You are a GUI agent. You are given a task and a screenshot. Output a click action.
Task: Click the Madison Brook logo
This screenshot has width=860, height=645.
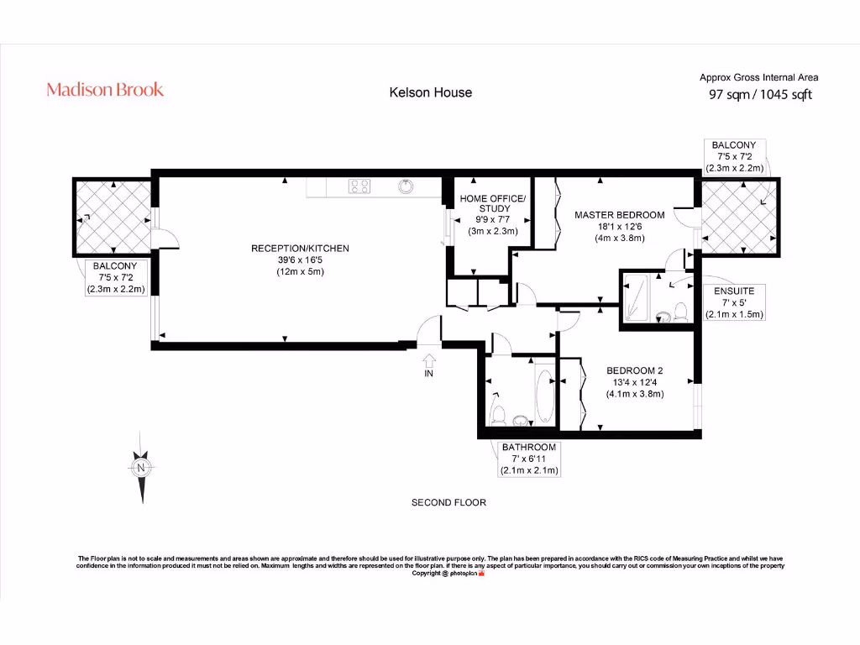pos(105,90)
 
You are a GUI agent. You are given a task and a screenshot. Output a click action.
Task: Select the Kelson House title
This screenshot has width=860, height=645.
pos(430,92)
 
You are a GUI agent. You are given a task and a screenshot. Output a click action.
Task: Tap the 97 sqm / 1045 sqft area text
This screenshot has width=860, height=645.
pos(760,95)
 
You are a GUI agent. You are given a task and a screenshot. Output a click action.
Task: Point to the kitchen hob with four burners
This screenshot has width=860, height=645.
pos(359,186)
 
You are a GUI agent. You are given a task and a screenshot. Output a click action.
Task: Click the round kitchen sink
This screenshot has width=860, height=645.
pos(406,186)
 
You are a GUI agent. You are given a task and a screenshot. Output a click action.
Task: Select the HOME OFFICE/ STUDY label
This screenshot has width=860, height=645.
pos(492,214)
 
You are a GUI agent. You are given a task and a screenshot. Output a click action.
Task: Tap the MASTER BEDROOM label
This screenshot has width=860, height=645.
pos(619,226)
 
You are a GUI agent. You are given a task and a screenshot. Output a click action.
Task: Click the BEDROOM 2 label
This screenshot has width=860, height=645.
pos(635,382)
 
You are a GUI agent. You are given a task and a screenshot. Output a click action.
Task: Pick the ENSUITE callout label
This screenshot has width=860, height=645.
pos(734,302)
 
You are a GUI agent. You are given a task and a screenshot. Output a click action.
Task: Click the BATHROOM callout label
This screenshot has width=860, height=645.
pos(529,459)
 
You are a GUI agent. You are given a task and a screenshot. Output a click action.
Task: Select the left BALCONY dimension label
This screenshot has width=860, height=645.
pos(115,276)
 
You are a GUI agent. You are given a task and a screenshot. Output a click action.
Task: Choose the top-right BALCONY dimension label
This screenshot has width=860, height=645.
pos(733,156)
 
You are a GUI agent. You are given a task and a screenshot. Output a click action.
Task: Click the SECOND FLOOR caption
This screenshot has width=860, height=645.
pos(448,502)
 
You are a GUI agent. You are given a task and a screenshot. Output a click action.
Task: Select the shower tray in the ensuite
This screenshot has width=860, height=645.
pos(636,297)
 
